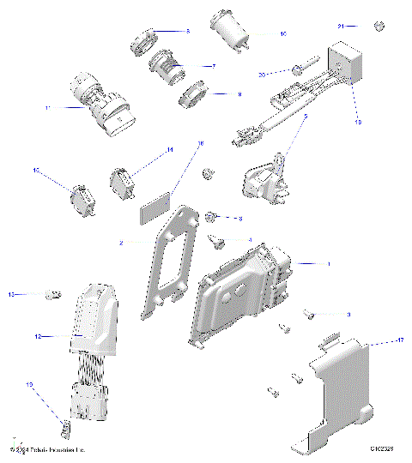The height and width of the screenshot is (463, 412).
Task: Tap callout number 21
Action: tap(340, 27)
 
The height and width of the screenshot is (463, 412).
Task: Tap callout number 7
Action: tap(213, 65)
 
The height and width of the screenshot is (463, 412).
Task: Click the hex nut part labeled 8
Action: tap(193, 95)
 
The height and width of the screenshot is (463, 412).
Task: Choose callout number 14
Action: tap(170, 149)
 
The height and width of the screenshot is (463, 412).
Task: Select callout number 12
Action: tap(38, 338)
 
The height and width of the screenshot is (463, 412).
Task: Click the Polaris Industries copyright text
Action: tap(47, 449)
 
